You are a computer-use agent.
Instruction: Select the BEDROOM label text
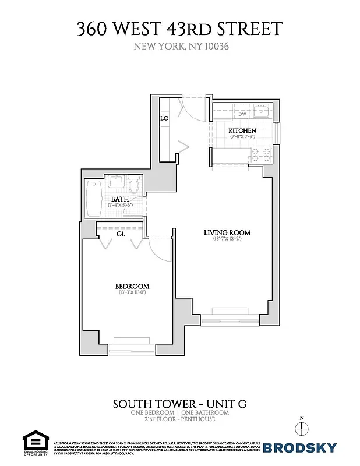click(132, 286)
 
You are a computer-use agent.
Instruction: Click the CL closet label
click(121, 234)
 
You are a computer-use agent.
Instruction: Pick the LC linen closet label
click(165, 119)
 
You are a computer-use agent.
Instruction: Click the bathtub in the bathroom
click(93, 198)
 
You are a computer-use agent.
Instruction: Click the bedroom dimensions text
click(132, 293)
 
